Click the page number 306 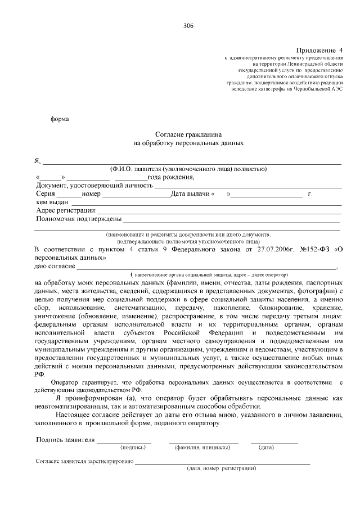pyautogui.click(x=189, y=26)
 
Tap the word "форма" pyautogui.click(x=60, y=119)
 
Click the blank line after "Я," pyautogui.click(x=191, y=161)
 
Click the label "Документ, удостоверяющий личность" pyautogui.click(x=94, y=186)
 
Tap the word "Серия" pyautogui.click(x=48, y=194)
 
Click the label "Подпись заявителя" pyautogui.click(x=65, y=440)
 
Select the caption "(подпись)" pyautogui.click(x=133, y=448)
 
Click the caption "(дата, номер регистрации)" pyautogui.click(x=222, y=468)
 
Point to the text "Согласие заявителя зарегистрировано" pyautogui.click(x=84, y=461)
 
